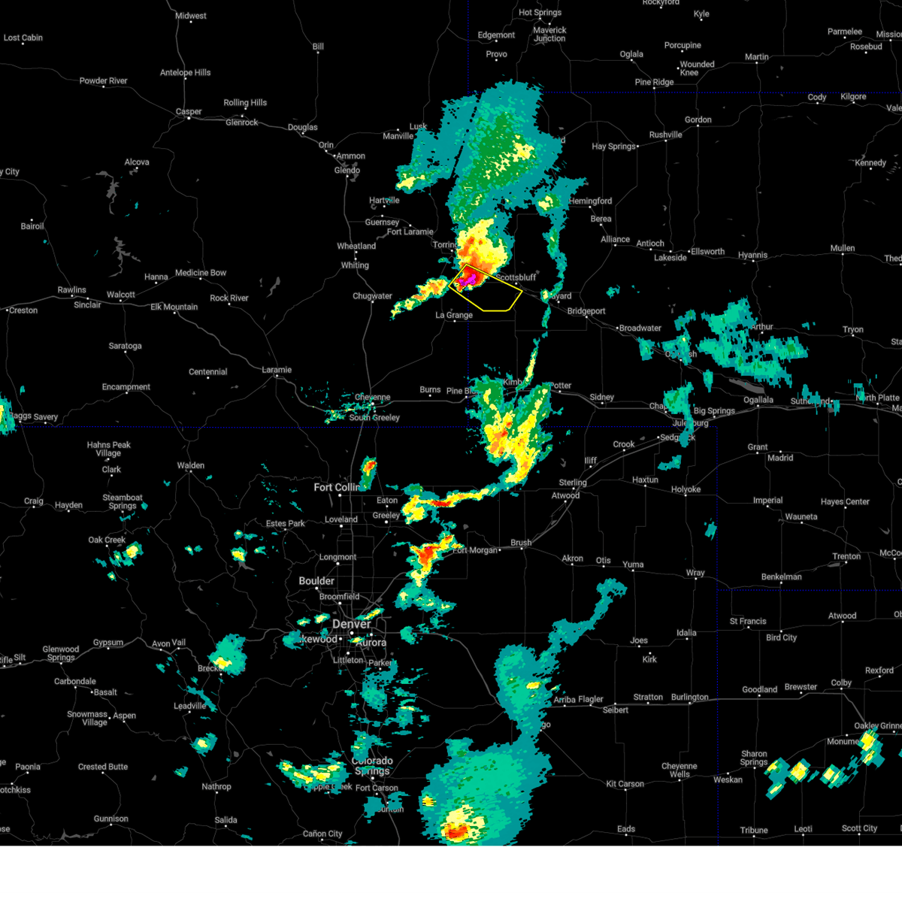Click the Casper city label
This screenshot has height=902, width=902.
pos(189,112)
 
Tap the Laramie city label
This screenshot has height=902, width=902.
pos(277,370)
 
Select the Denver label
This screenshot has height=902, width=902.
pos(351,625)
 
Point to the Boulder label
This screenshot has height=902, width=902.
pos(316,581)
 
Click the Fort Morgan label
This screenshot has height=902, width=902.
pos(475,550)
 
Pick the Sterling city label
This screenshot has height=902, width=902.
pos(573,483)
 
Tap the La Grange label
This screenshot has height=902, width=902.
pos(455,316)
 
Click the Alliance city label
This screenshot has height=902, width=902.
pos(615,240)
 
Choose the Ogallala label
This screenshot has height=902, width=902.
pos(758,400)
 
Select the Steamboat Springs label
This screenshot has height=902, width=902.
pos(123,501)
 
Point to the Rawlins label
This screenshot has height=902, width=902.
pos(72,290)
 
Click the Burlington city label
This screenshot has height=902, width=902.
pos(689,698)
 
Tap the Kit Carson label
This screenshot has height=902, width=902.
pos(625,784)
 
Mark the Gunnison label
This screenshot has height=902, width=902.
pos(111,819)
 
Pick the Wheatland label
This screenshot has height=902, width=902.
pos(356,247)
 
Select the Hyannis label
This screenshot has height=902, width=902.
pos(752,256)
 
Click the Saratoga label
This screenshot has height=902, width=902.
pos(126,347)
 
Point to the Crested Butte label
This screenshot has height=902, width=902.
pos(103,767)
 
